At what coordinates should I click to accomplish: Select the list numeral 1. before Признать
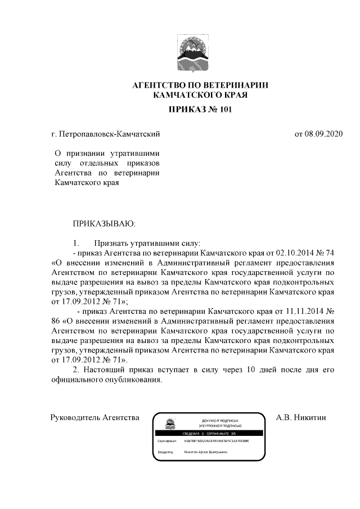pyautogui.click(x=76, y=244)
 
